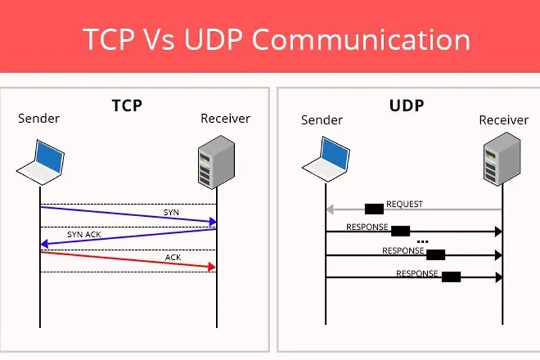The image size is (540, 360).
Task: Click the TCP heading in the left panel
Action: click(x=127, y=106)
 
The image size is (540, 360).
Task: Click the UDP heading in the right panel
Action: click(x=406, y=106)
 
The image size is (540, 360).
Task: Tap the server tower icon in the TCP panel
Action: click(x=216, y=161)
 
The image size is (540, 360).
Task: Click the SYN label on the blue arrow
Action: click(x=171, y=212)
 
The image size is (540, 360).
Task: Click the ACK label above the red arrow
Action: click(x=173, y=257)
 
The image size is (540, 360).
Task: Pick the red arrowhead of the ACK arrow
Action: click(x=212, y=267)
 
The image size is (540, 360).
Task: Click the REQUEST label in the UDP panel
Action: click(x=404, y=204)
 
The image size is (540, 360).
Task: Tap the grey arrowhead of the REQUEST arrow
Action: click(x=330, y=209)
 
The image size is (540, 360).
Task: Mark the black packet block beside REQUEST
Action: click(x=374, y=209)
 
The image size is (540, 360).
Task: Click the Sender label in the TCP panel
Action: click(x=38, y=119)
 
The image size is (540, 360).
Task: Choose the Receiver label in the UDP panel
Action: click(x=504, y=120)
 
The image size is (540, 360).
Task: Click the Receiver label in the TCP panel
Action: click(x=225, y=119)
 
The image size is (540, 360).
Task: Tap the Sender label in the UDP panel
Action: click(x=322, y=120)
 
